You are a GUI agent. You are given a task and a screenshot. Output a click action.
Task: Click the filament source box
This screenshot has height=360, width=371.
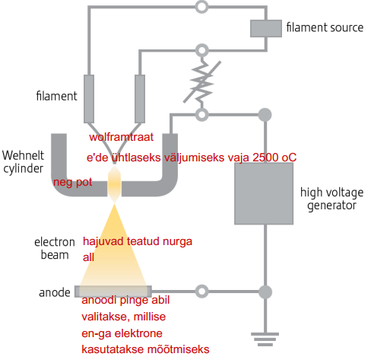pyautogui.click(x=266, y=28)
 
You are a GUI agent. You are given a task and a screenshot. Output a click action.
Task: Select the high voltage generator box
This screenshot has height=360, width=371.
pyautogui.click(x=264, y=193)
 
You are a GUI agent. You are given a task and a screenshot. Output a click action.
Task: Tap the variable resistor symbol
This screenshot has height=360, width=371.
pyautogui.click(x=202, y=81)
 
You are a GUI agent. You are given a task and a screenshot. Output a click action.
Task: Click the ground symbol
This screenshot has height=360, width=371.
pyautogui.click(x=265, y=339)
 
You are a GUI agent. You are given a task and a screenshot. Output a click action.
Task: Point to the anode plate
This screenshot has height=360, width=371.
pyautogui.click(x=113, y=292)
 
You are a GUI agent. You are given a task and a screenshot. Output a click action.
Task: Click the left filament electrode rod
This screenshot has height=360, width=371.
pyautogui.click(x=89, y=99)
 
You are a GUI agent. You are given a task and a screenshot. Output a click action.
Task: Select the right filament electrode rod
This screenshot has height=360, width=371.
pyautogui.click(x=140, y=99)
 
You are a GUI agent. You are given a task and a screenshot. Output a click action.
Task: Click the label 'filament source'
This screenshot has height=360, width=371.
pyautogui.click(x=325, y=27)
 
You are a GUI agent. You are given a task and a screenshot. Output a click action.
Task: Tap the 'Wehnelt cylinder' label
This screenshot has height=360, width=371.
pyautogui.click(x=23, y=162)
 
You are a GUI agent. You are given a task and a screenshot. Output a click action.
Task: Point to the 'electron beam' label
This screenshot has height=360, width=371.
pyautogui.click(x=55, y=248)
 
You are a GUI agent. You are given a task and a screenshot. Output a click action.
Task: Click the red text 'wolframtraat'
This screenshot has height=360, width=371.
pyautogui.click(x=121, y=137)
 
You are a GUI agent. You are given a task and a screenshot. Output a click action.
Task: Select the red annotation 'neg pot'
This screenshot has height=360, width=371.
pyautogui.click(x=73, y=182)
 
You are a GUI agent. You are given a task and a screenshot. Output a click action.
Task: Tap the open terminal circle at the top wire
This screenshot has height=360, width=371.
pyautogui.click(x=202, y=6)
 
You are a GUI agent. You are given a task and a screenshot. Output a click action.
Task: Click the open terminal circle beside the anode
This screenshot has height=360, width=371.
pyautogui.click(x=202, y=292)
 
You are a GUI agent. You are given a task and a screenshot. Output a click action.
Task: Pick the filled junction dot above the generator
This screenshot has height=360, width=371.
pyautogui.click(x=265, y=115)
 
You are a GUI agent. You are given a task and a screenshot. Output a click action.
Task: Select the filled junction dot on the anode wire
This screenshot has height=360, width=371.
pyautogui.click(x=265, y=292)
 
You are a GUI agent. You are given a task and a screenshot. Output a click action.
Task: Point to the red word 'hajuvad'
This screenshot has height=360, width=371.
pyautogui.click(x=103, y=241)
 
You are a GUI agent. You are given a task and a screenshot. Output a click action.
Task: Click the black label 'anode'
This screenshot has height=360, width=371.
pyautogui.click(x=55, y=292)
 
